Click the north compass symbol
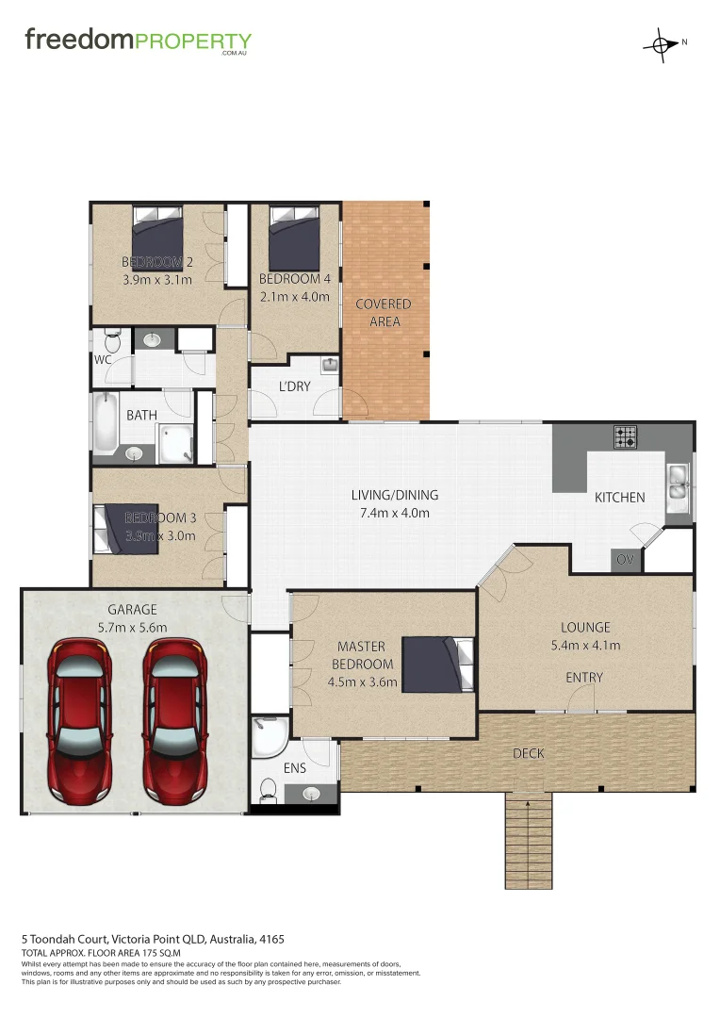click(663, 44)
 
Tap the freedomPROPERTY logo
click(138, 41)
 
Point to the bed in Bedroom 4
click(295, 239)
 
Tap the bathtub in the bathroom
click(105, 424)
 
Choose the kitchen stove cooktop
click(626, 437)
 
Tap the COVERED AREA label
click(384, 313)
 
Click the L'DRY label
click(294, 386)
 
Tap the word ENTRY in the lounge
click(584, 678)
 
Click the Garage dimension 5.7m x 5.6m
click(133, 628)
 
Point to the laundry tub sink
click(329, 365)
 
